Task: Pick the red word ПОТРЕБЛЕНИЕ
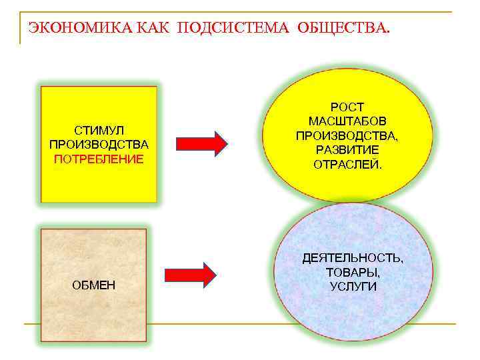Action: [x=99, y=159]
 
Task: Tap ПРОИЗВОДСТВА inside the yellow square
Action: [x=99, y=144]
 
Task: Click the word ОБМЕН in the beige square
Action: [x=93, y=285]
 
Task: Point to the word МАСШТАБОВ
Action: [x=347, y=121]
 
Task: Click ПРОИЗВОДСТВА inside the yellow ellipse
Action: [x=347, y=135]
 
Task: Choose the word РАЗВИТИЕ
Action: [x=347, y=149]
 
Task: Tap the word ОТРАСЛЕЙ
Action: [x=347, y=164]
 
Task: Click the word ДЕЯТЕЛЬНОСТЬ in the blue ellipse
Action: [x=353, y=257]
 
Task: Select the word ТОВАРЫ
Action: [x=353, y=272]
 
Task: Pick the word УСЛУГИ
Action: [x=353, y=287]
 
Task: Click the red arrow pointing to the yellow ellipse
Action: [x=202, y=143]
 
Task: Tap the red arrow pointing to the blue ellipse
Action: [x=191, y=275]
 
